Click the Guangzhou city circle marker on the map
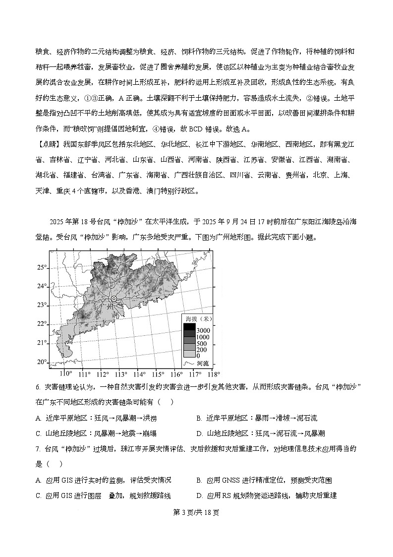[114, 299]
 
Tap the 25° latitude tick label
[41, 267]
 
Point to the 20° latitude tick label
[41, 362]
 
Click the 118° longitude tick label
[213, 373]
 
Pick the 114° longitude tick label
[139, 373]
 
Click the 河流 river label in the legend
[203, 363]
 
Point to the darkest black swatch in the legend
[189, 327]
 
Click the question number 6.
[38, 387]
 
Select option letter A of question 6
[38, 418]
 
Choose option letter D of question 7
[199, 495]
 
